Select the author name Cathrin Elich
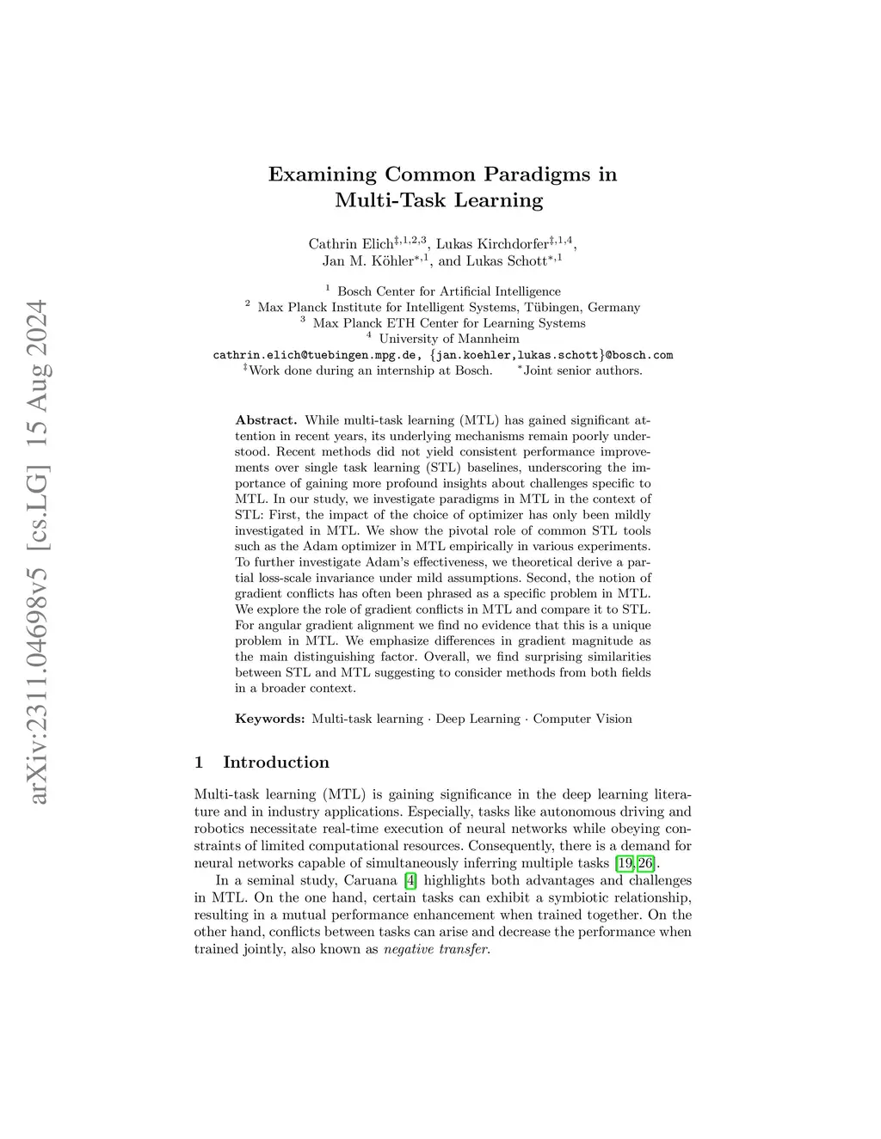coord(350,244)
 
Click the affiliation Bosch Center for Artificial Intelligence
coord(448,291)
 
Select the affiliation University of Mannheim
coord(449,339)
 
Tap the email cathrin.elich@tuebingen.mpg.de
coord(316,355)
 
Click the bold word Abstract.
coord(265,420)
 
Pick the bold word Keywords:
coord(269,719)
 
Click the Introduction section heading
coord(275,762)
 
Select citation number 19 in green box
coord(625,863)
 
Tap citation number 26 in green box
coord(645,863)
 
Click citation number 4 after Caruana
coord(410,880)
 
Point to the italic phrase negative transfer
coord(435,949)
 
